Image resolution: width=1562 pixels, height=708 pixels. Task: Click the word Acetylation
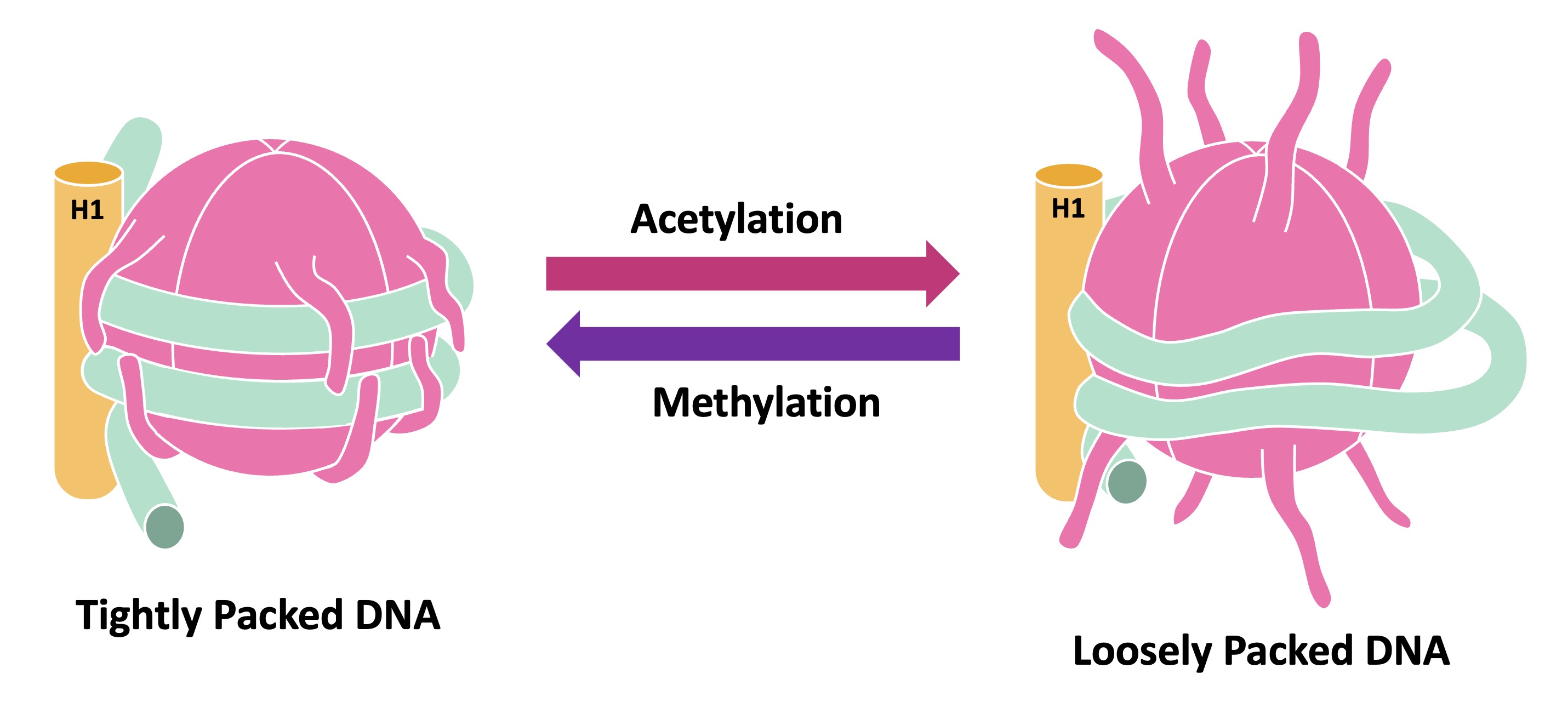(x=736, y=219)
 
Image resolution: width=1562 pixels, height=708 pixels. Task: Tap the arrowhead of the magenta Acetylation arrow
(x=942, y=274)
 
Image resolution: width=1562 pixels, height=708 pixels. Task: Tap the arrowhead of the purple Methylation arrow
(x=565, y=344)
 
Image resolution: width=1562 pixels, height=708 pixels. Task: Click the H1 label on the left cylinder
(x=87, y=210)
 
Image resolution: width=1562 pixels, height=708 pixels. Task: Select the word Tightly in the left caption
(x=138, y=616)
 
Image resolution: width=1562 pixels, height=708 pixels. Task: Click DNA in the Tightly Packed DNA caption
(x=397, y=615)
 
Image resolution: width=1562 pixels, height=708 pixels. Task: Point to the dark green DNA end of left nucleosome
(x=165, y=526)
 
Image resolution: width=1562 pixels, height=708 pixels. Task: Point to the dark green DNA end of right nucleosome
(x=1127, y=482)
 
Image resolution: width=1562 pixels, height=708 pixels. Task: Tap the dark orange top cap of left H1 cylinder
(x=88, y=173)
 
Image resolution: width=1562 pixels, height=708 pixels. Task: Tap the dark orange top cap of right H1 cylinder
(x=1068, y=175)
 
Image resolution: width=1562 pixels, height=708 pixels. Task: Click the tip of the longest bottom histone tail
(x=1323, y=600)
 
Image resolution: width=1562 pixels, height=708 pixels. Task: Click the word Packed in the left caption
(x=278, y=615)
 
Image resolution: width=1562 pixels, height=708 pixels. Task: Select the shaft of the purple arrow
(x=770, y=344)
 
